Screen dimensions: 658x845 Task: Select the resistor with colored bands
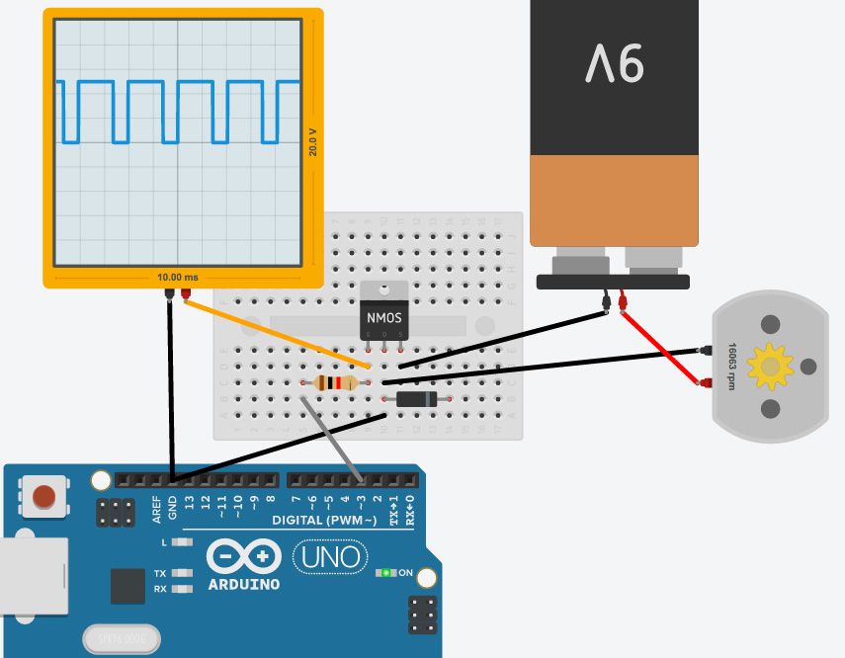334,383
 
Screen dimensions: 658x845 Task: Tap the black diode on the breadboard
416,399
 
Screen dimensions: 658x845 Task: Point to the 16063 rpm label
732,366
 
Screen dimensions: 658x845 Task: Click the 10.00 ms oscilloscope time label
177,278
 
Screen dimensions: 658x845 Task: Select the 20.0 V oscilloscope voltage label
313,142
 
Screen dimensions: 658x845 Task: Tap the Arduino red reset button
43,496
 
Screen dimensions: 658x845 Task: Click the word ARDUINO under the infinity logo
243,584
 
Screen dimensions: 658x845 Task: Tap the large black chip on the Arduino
127,586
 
